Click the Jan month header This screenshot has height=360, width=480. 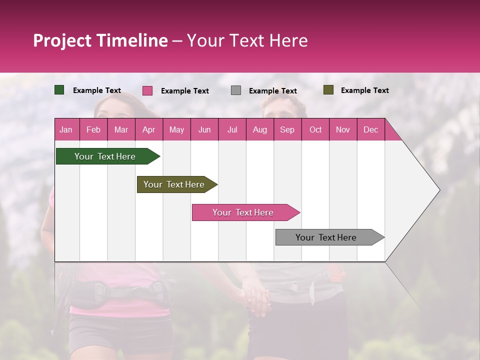(x=66, y=129)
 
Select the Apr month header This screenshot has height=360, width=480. (x=148, y=129)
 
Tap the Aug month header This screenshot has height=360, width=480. (x=259, y=129)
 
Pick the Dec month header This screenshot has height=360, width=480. (x=370, y=129)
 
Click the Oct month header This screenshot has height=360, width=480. (x=315, y=129)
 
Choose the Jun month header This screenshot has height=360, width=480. (x=204, y=129)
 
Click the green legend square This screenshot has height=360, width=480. (x=59, y=90)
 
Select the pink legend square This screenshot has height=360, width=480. (x=147, y=90)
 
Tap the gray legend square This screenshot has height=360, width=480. (x=236, y=90)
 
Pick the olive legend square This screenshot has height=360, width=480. (x=328, y=90)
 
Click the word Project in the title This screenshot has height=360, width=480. (x=62, y=40)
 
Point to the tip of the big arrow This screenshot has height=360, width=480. (x=438, y=190)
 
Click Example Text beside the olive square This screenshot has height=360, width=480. (x=364, y=90)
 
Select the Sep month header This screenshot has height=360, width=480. (x=287, y=129)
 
